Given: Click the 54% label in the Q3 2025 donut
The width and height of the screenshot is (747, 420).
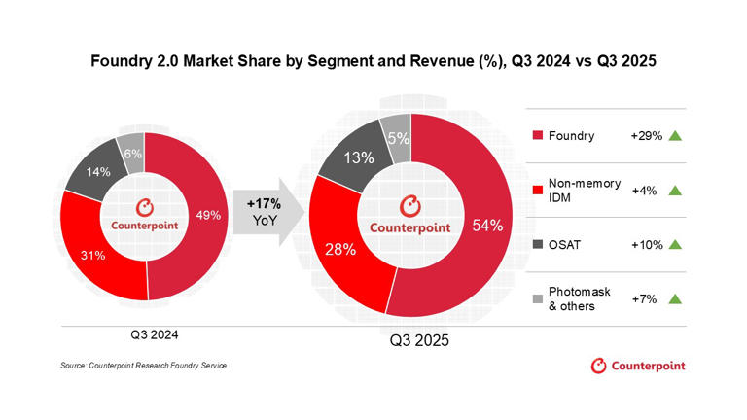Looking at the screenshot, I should pos(486,226).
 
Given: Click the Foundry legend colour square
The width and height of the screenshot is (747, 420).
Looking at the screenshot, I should pos(539,136).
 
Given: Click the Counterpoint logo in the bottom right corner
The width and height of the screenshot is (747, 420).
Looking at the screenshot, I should pos(638,366).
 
